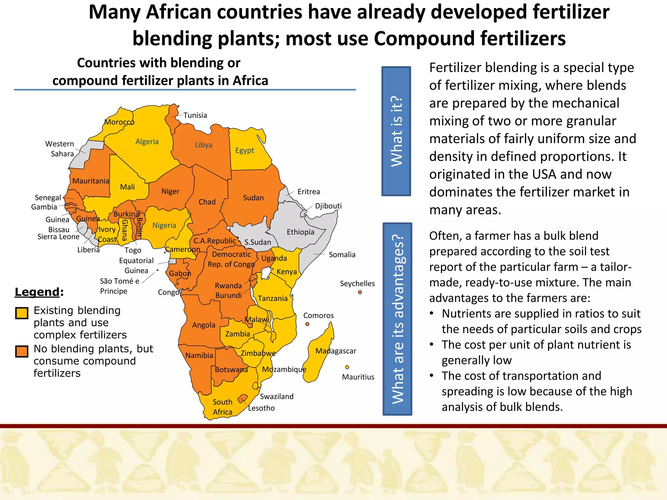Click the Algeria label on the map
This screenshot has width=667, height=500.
click(x=147, y=142)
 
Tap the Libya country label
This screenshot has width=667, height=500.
click(x=204, y=145)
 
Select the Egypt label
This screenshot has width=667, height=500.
click(x=245, y=150)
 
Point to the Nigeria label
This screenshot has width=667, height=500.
click(x=164, y=225)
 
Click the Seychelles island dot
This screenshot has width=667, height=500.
click(x=360, y=292)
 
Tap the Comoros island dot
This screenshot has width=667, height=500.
click(x=307, y=324)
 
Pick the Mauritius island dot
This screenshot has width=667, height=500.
click(x=347, y=367)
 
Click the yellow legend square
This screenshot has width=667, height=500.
click(x=22, y=313)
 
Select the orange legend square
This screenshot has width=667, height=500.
click(x=22, y=352)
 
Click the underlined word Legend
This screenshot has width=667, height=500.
click(x=37, y=292)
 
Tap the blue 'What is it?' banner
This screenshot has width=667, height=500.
click(x=396, y=131)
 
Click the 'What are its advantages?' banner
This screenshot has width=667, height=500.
click(x=397, y=319)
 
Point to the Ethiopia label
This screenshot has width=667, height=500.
click(x=300, y=232)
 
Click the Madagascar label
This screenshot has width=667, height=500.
click(x=336, y=351)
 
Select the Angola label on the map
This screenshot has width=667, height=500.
click(x=204, y=325)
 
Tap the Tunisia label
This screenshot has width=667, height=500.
click(x=195, y=115)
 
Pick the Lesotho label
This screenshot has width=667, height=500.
click(x=261, y=408)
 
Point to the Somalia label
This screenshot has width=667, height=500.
click(x=342, y=255)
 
